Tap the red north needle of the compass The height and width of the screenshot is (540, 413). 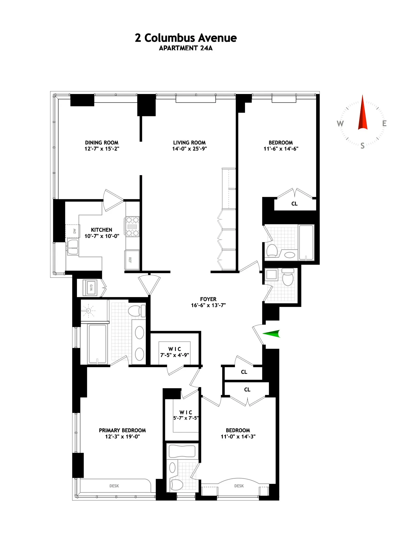[362, 114]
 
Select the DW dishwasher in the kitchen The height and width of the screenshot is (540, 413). [73, 231]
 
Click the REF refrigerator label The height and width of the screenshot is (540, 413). [130, 260]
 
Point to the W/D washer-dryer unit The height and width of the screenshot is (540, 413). [90, 287]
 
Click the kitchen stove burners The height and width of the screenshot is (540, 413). [132, 227]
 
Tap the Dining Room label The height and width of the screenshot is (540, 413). [102, 143]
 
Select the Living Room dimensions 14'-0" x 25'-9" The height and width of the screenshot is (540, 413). [189, 149]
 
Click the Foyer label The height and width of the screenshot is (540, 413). [208, 299]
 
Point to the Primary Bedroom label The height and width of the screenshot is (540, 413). [122, 430]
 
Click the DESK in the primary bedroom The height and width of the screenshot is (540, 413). [114, 486]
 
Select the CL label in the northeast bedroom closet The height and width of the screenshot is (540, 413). [294, 204]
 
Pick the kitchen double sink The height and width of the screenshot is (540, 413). [73, 247]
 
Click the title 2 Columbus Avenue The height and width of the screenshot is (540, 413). [186, 38]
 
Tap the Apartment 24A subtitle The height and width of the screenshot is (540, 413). [186, 48]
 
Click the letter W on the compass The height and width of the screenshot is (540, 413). [340, 124]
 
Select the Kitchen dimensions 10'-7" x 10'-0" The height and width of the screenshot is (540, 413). [102, 236]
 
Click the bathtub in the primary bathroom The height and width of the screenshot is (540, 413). [97, 344]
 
